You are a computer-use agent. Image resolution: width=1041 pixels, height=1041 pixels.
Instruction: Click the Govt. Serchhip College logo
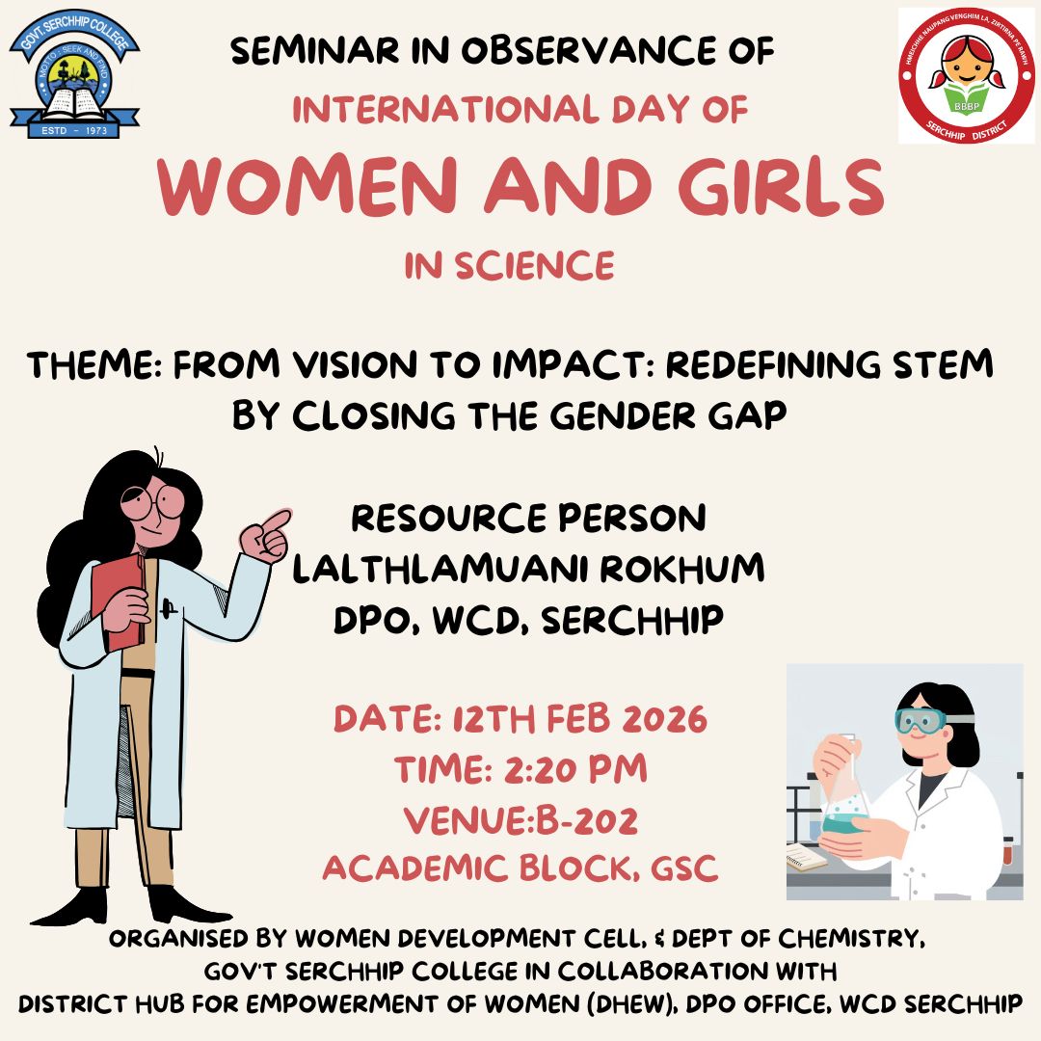point(74,73)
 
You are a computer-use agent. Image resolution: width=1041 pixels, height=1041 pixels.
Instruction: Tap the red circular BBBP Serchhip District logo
point(967,76)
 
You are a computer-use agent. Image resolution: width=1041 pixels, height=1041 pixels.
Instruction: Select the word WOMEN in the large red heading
point(307,187)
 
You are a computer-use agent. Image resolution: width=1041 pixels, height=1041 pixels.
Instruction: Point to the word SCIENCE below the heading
point(534,266)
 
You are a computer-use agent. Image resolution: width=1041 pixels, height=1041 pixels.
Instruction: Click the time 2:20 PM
point(575,769)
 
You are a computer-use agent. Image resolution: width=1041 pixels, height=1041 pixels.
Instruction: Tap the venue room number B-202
point(587,820)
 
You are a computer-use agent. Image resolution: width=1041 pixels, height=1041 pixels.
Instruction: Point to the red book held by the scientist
point(119,601)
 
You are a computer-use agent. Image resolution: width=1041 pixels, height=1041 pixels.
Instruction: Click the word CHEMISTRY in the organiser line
point(851,939)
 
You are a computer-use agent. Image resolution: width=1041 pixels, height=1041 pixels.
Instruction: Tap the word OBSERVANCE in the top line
point(589,51)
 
